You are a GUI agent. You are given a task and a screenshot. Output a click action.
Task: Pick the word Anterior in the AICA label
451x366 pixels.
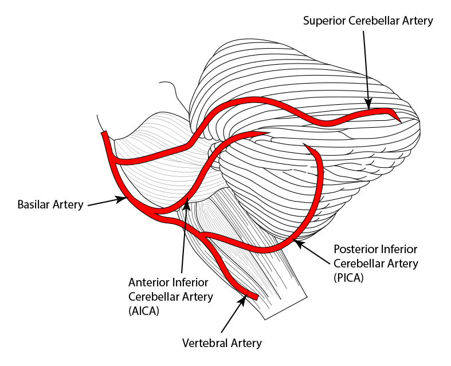(148, 282)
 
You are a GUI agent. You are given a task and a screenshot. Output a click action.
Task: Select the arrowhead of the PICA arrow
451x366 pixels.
(296, 243)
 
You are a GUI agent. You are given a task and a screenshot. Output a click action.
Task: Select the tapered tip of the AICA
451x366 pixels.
(267, 134)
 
